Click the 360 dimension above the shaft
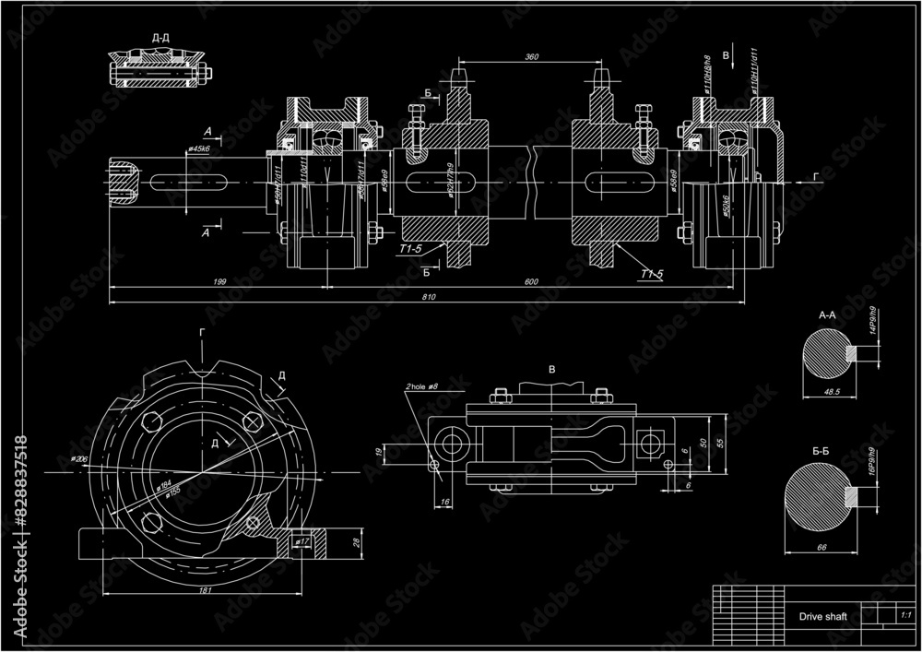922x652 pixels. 531,57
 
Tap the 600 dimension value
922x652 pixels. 531,281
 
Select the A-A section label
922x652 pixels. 827,314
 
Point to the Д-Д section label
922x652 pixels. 160,38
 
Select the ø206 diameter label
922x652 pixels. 77,458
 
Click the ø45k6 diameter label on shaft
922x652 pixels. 198,148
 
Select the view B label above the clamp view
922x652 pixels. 552,369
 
